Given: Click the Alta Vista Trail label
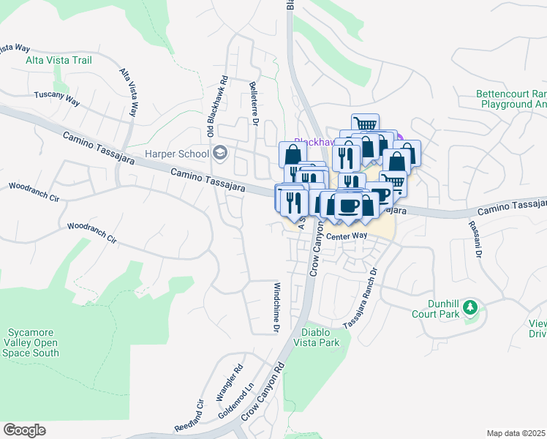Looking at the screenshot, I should [59, 60].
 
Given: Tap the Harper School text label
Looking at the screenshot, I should [176, 154].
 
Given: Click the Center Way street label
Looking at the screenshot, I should [347, 236].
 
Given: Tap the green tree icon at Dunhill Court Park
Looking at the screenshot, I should [472, 305].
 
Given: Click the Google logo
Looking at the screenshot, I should [24, 430].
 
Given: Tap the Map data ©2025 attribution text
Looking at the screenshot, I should [516, 433].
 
